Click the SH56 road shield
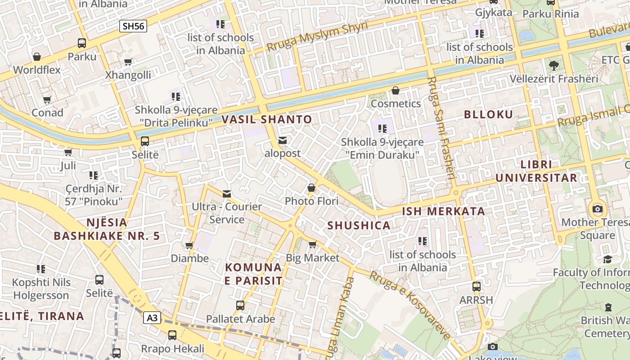pos(133,26)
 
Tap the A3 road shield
pos(153,318)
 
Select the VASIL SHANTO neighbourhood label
pos(267,119)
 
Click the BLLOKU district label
pos(488,114)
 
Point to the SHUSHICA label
pos(359,225)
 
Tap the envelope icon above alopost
pos(283,141)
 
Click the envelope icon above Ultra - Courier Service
pos(227,194)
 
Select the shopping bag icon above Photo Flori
pos(311,188)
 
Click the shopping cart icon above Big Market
pos(312,244)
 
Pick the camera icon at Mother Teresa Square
pos(598,209)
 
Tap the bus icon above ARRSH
pos(476,286)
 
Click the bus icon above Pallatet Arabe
pos(240,306)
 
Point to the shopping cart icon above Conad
pos(47,99)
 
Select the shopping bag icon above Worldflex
pos(37,57)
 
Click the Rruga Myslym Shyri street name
pos(317,36)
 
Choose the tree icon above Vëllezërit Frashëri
pos(554,66)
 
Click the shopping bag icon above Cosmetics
pos(396,90)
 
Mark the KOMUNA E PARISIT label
pos(254,274)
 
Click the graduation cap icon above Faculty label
pos(607,259)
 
